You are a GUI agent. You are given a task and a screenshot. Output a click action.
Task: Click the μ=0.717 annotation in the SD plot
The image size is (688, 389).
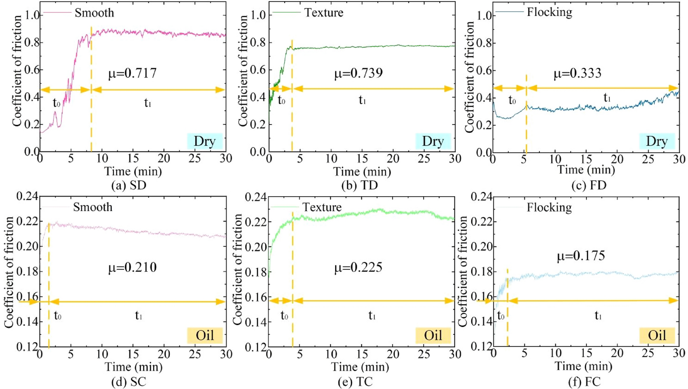pos(132,73)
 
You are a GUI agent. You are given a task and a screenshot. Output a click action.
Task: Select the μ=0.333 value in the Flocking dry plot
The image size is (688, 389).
pos(577,73)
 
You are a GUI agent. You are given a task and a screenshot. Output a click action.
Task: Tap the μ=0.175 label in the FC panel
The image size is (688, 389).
pos(581,256)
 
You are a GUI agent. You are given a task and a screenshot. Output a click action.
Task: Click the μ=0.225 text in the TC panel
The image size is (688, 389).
pos(358,267)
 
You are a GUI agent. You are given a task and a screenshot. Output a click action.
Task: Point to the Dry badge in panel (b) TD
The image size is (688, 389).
pos(433,141)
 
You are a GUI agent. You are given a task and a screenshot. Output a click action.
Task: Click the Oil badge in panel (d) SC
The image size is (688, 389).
pos(204,335)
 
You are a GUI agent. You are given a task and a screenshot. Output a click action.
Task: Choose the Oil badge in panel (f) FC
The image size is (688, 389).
pos(657,335)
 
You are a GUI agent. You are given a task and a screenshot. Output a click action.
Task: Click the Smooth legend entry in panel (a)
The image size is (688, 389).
pos(94,12)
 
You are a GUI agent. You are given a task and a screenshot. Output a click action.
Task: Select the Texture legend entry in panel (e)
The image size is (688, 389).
pos(322,207)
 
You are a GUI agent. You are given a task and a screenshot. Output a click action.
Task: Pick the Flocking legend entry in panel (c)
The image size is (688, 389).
pos(549,12)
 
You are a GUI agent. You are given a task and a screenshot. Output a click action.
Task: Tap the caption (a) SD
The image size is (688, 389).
pos(129,185)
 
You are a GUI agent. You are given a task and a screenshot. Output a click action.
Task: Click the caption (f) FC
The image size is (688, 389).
pos(584,382)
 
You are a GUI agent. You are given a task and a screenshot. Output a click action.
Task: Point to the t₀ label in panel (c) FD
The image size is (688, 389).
pos(512,100)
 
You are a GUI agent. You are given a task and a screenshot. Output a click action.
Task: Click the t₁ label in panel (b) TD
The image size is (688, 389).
pos(362,100)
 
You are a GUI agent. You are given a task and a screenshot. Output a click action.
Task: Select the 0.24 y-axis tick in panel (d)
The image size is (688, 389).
pos(27,196)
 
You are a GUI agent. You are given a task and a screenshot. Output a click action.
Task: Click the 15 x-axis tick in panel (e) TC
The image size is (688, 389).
pos(362,354)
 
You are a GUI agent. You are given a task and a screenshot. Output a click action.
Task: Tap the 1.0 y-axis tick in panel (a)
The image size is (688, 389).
pos(32,15)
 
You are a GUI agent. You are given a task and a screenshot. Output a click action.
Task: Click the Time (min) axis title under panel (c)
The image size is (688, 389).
pos(586,170)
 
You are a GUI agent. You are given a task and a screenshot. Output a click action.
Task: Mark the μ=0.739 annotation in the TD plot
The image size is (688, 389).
pos(358,73)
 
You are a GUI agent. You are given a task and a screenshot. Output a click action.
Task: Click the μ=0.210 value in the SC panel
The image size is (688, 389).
pos(132,267)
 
